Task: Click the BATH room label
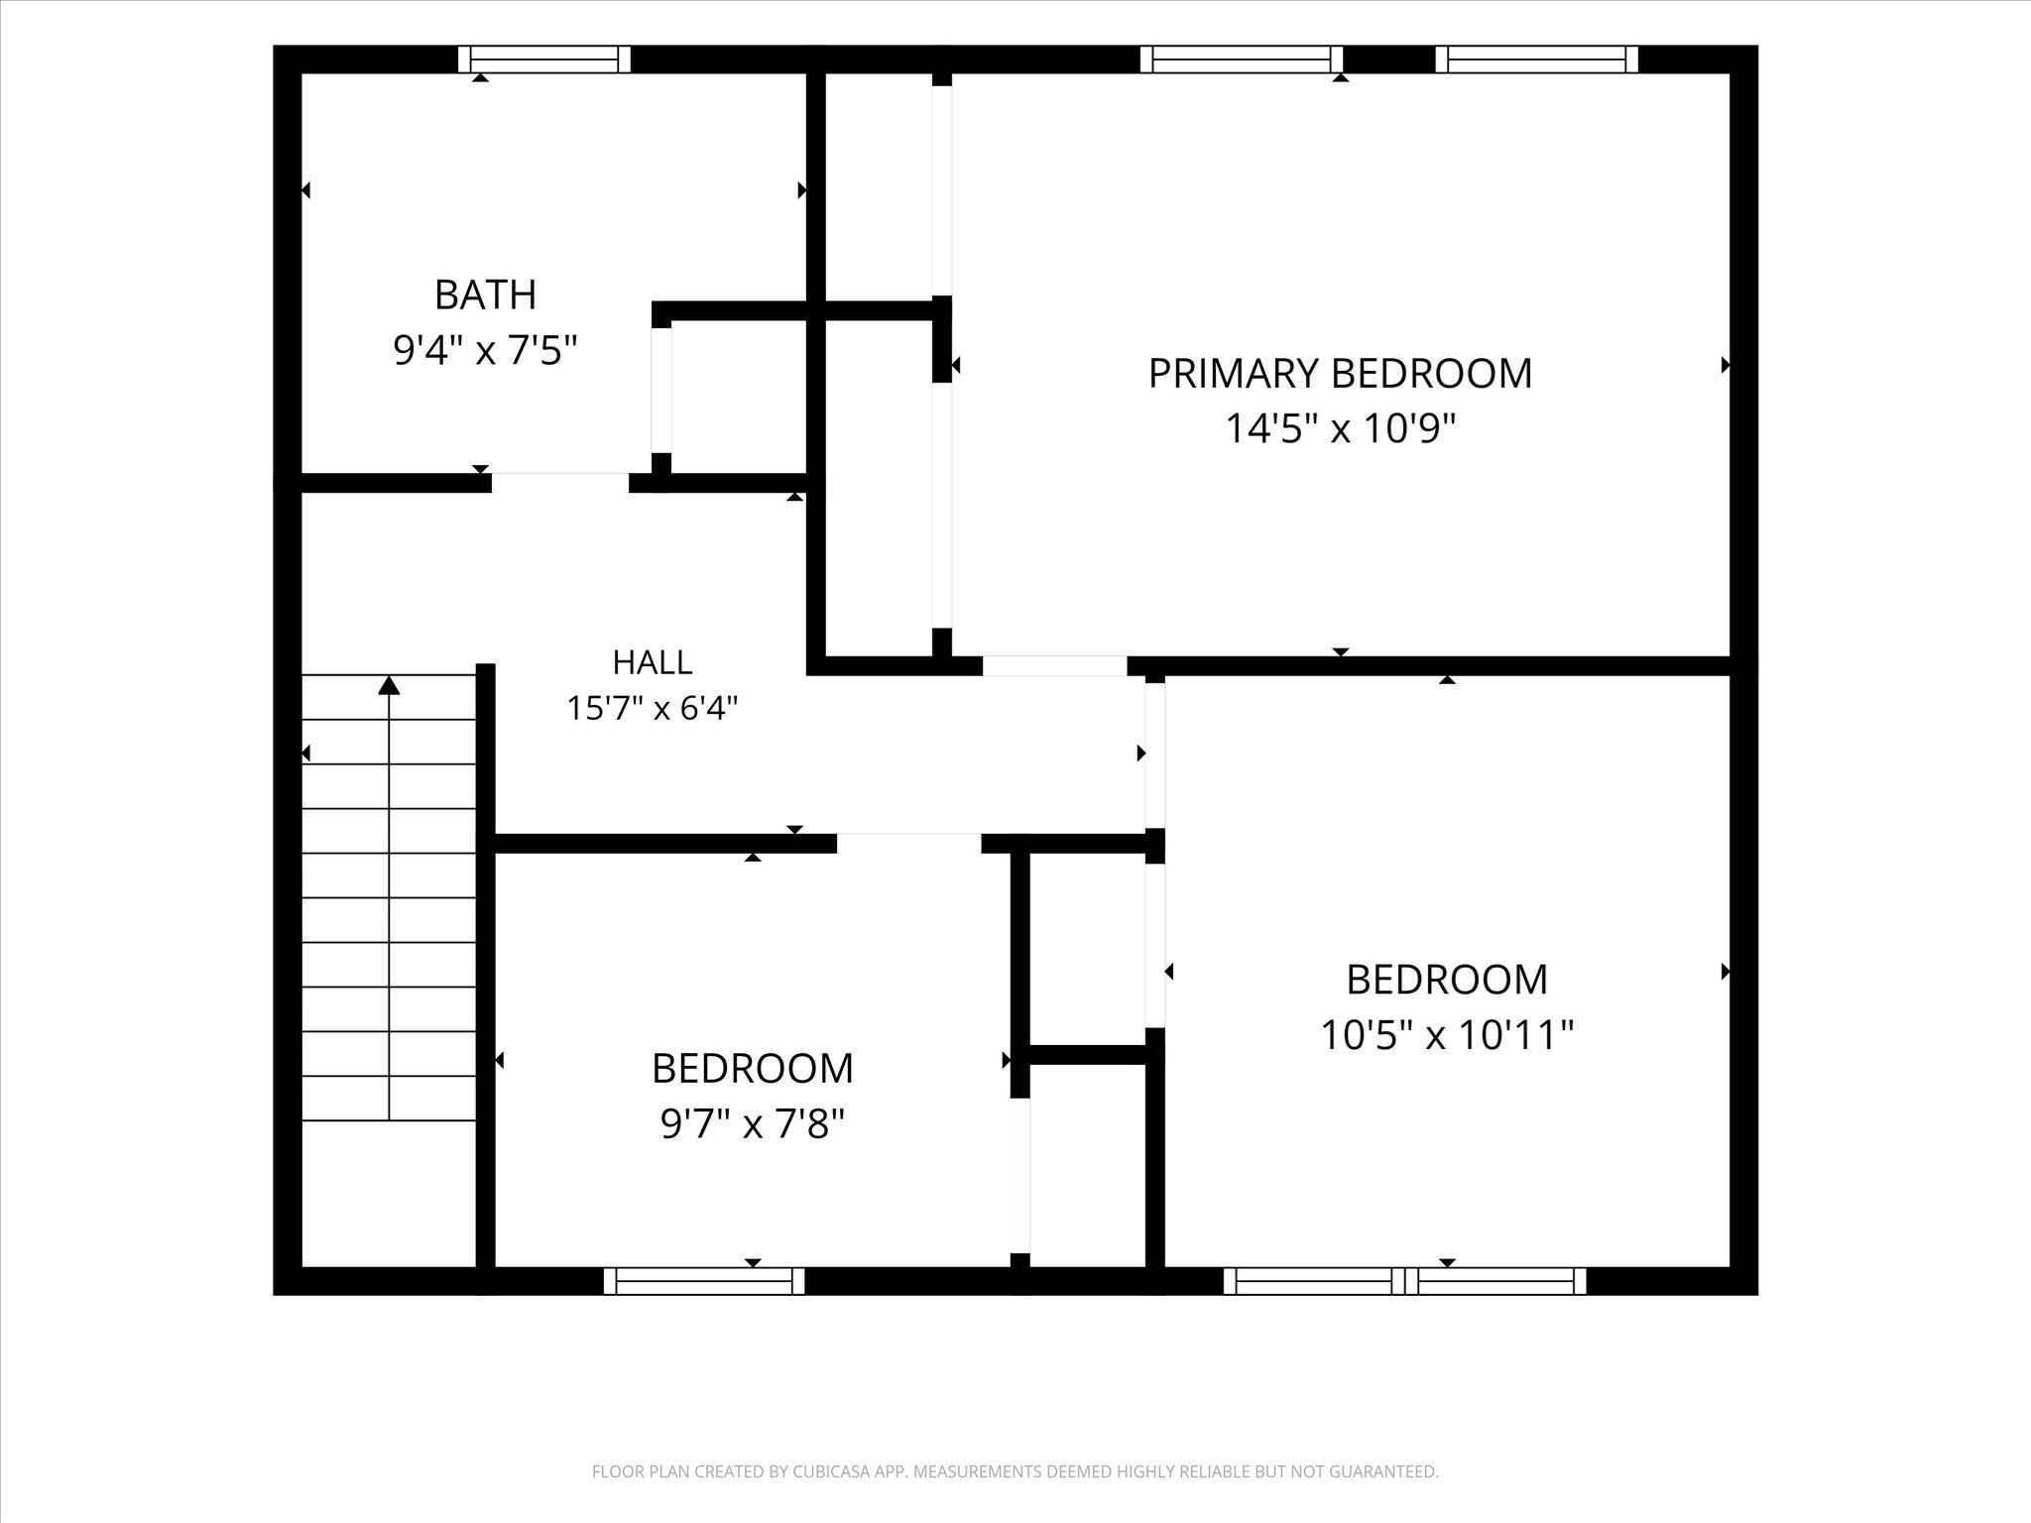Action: coord(485,294)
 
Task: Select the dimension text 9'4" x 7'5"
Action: coord(485,350)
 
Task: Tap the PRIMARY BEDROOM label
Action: coord(1340,374)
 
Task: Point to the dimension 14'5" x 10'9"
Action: coord(1340,429)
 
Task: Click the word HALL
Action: coord(653,661)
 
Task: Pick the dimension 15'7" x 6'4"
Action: coord(653,708)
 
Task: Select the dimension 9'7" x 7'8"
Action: coord(753,1124)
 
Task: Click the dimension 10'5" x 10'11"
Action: coord(1447,1035)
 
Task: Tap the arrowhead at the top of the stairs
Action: coord(389,684)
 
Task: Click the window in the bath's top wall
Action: coord(544,59)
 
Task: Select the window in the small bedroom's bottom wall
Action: coord(704,1281)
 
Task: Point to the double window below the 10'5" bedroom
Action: coord(1404,1281)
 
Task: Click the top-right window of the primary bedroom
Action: coord(1536,59)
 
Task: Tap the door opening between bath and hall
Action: coord(560,483)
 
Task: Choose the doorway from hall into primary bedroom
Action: coord(1055,666)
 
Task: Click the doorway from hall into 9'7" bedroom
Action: coord(909,843)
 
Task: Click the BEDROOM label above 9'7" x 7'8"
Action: coord(753,1069)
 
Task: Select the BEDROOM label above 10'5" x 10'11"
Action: coord(1447,980)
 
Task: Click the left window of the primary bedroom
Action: coord(1242,59)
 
